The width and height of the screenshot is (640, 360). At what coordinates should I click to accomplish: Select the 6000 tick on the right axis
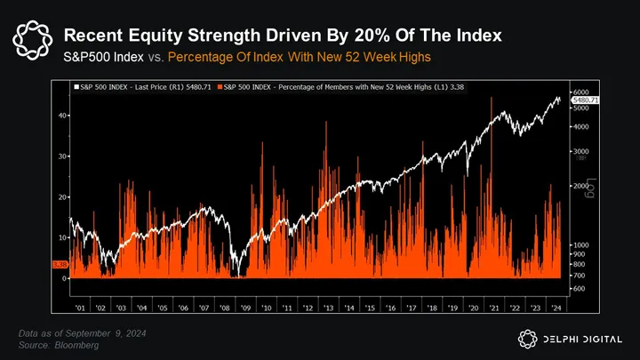[580, 92]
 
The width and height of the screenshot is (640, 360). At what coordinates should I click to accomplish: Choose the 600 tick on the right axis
[579, 288]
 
